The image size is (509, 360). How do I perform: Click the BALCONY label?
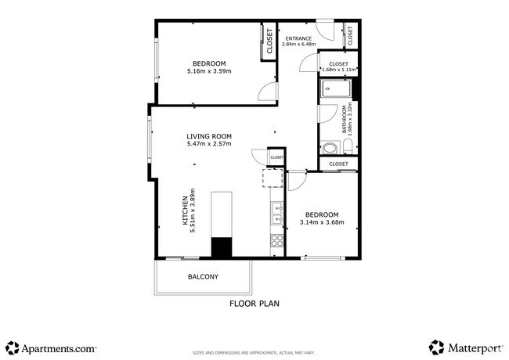203,277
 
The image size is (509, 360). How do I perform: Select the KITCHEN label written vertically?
186,211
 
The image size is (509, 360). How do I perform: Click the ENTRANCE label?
298,38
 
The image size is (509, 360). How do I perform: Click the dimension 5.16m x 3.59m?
209,71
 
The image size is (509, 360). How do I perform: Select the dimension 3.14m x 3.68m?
322,223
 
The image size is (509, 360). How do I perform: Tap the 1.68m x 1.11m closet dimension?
338,70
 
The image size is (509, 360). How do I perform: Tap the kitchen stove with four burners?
276,240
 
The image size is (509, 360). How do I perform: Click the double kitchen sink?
276,210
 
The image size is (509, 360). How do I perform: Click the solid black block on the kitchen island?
222,248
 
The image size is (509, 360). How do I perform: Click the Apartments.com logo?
51,347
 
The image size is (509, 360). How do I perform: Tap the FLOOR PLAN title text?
254,303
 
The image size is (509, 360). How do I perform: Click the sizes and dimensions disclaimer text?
254,353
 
